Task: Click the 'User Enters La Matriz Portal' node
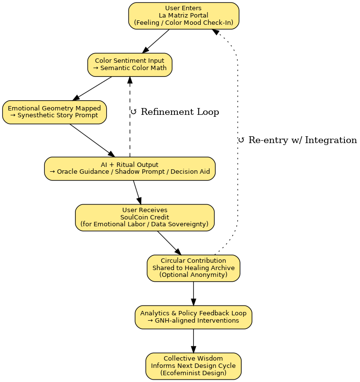point(184,16)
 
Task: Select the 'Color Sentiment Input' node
point(130,64)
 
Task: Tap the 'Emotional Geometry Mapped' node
point(54,112)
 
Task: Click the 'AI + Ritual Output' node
point(130,168)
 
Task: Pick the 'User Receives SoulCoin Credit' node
point(145,217)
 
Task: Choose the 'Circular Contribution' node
point(193,268)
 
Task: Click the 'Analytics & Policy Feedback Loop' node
point(193,317)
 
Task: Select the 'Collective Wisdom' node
point(193,365)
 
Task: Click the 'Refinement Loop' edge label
point(175,112)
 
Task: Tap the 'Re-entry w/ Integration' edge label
point(298,140)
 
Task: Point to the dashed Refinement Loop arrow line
point(130,127)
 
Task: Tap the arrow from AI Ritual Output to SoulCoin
point(137,192)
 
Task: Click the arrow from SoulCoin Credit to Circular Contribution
point(169,242)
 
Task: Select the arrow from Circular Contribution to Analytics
point(193,293)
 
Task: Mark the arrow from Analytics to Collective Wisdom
point(193,341)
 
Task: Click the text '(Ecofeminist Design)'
point(193,373)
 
